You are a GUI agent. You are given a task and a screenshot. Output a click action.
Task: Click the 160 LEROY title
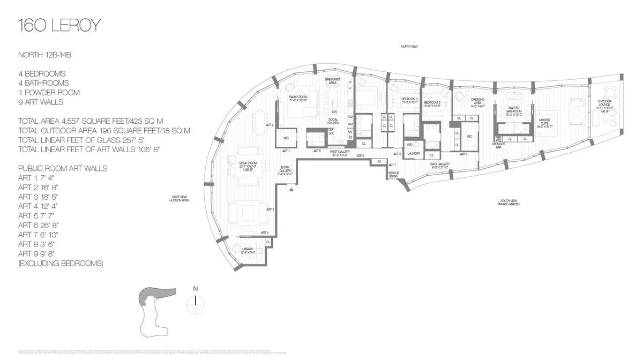click(59, 25)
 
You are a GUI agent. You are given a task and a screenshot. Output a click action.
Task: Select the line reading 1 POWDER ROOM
click(49, 92)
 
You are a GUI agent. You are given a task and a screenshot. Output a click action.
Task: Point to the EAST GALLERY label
click(440, 165)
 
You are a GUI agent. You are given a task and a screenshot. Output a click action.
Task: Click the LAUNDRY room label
click(413, 154)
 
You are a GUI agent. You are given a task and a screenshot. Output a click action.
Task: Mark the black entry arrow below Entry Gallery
click(291, 189)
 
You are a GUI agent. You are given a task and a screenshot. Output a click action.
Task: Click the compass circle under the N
click(196, 303)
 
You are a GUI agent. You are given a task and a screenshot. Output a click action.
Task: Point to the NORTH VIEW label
click(409, 47)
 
